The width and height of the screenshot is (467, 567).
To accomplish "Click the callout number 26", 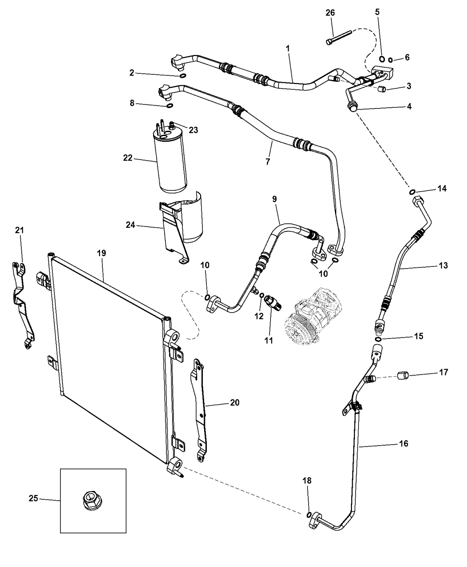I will pos(330,12).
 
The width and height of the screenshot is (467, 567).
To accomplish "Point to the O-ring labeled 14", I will pos(412,192).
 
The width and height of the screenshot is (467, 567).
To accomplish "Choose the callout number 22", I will pos(128,158).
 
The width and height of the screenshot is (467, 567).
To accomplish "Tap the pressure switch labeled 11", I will pos(272,302).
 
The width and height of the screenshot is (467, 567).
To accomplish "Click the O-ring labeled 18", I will pos(309,515).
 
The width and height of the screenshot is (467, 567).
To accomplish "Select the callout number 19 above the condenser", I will pos(101,253).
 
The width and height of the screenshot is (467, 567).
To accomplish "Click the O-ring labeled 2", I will pos(182,76).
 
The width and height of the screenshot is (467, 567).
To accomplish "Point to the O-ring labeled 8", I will pos(169,105).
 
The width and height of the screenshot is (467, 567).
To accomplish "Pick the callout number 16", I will pos(403,443).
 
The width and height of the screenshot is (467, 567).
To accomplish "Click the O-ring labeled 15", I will pos(378,340).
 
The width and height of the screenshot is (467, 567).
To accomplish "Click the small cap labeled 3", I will pos(382,90).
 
